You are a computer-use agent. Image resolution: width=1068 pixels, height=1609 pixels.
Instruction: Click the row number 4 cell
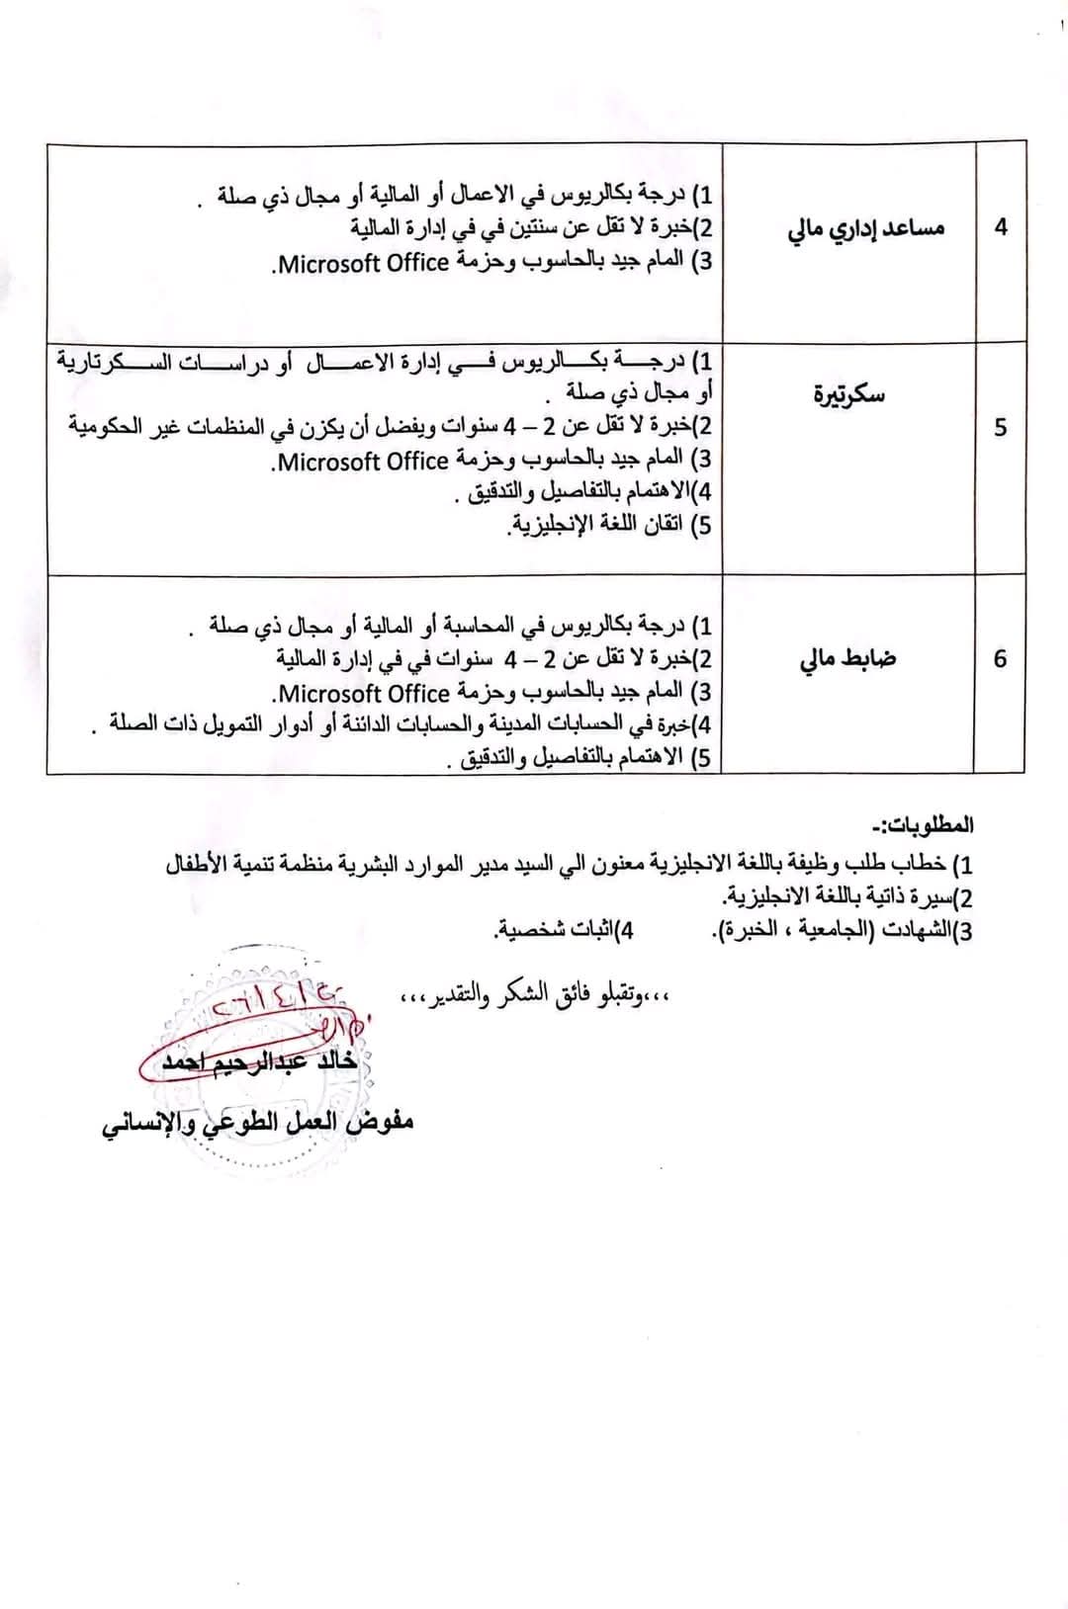[1000, 227]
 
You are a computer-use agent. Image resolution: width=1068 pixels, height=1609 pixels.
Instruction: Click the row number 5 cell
[1000, 428]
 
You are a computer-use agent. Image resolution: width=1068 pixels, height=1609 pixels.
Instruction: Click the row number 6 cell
[1000, 659]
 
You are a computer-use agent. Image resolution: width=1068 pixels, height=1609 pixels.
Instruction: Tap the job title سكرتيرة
[848, 394]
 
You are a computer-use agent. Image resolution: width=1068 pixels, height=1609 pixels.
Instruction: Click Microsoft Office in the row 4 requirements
[362, 262]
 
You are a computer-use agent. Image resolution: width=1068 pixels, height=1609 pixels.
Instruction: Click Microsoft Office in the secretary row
[362, 461]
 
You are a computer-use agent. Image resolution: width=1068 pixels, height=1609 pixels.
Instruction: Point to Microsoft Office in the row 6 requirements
[362, 692]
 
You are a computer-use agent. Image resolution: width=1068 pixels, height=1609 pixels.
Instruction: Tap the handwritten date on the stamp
[282, 1003]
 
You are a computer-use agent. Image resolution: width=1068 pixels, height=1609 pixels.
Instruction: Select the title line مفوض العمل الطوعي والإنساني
[257, 1124]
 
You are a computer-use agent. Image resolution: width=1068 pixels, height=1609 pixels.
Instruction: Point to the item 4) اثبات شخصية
[565, 930]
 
